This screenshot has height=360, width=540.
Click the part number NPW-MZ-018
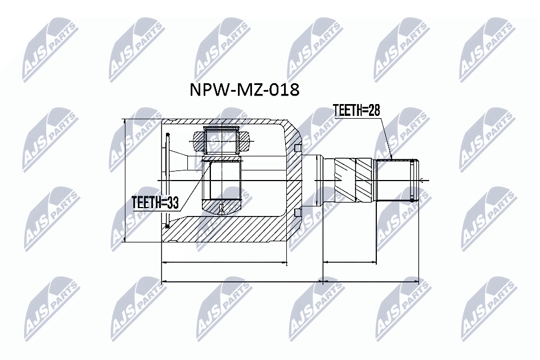click(x=243, y=89)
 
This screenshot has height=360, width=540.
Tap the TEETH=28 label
click(x=357, y=110)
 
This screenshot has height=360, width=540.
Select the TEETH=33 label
click(x=155, y=202)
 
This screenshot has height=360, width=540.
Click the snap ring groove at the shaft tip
click(x=413, y=180)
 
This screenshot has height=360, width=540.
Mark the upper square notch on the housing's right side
click(x=298, y=148)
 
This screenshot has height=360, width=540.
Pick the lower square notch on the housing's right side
click(x=298, y=212)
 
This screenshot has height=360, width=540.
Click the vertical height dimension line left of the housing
click(x=124, y=180)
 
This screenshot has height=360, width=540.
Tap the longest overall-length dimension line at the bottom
click(x=290, y=281)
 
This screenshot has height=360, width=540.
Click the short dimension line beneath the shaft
click(x=349, y=262)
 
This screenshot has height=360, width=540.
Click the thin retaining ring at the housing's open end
click(x=167, y=180)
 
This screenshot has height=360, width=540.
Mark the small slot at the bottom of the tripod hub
click(x=223, y=208)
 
